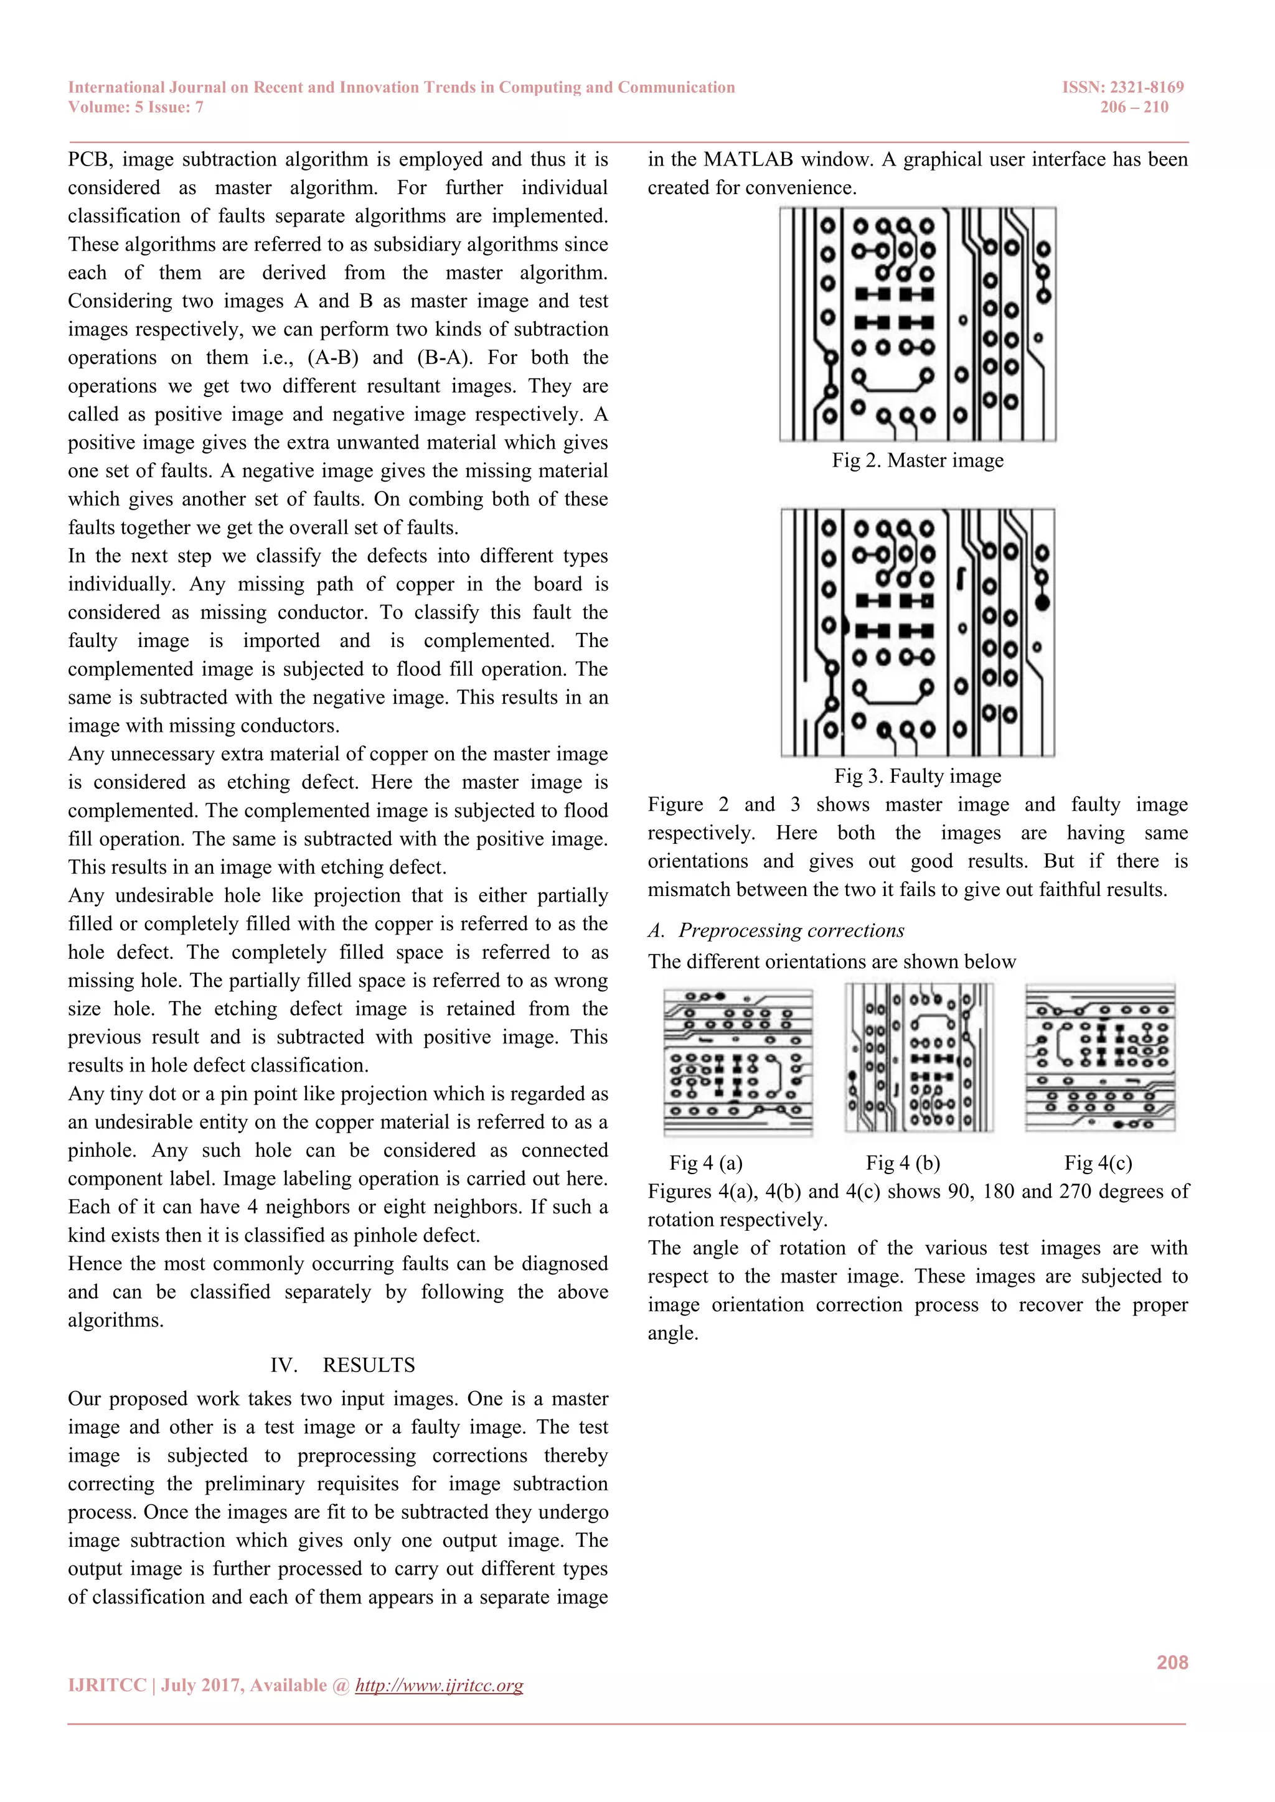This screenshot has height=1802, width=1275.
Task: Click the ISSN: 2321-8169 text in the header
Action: pyautogui.click(x=1122, y=87)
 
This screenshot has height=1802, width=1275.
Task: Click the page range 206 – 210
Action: pyautogui.click(x=1134, y=108)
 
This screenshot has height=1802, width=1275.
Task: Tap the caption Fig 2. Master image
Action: pyautogui.click(x=917, y=460)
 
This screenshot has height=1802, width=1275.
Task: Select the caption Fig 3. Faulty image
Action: pyautogui.click(x=917, y=776)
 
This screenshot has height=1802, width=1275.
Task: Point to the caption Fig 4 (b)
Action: pyautogui.click(x=902, y=1162)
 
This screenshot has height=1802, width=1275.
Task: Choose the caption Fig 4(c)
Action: pyautogui.click(x=1098, y=1162)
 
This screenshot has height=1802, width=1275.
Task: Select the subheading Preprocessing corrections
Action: pyautogui.click(x=791, y=931)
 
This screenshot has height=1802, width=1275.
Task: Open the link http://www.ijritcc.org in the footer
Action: pyautogui.click(x=439, y=1685)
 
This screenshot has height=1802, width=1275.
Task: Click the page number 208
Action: pyautogui.click(x=1172, y=1662)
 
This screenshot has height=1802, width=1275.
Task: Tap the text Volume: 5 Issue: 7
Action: pyautogui.click(x=136, y=108)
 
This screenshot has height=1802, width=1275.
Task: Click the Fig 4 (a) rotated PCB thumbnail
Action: pyautogui.click(x=738, y=1061)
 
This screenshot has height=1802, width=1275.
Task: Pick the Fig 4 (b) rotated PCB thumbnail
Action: pyautogui.click(x=918, y=1058)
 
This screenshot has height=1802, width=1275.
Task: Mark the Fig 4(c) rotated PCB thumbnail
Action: pyautogui.click(x=1100, y=1058)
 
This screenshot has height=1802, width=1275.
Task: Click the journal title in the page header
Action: pyautogui.click(x=401, y=87)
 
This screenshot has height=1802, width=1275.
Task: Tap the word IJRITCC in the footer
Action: pyautogui.click(x=107, y=1685)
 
